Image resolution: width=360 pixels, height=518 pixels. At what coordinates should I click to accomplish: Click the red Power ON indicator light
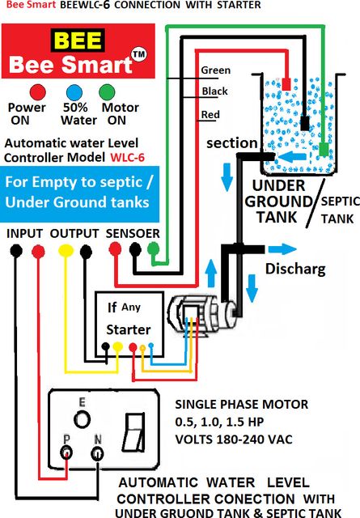click(x=38, y=92)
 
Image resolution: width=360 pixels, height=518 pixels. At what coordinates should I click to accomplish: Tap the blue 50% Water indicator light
click(x=74, y=92)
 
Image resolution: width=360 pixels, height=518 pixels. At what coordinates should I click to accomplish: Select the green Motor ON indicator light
click(x=107, y=92)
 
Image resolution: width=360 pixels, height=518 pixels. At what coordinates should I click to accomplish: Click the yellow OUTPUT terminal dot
click(x=66, y=250)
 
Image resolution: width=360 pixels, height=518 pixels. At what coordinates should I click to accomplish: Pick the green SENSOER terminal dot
click(x=153, y=248)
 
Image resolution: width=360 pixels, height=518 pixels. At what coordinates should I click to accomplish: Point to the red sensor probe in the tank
click(x=286, y=84)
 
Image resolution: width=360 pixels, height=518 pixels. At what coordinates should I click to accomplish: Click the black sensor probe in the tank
click(x=305, y=123)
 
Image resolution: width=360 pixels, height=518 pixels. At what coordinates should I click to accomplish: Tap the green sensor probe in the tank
click(x=324, y=149)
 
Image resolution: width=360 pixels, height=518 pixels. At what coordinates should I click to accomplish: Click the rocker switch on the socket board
click(x=134, y=432)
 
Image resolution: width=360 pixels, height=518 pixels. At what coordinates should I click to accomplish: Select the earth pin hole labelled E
click(x=82, y=419)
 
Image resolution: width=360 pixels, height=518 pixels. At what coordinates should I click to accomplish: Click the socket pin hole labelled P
click(x=66, y=452)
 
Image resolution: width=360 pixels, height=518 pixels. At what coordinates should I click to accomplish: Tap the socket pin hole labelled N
click(x=97, y=453)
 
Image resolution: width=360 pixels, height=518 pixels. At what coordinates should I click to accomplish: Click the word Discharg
click(x=295, y=269)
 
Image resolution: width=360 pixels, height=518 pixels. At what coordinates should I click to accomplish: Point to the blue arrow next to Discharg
click(x=282, y=249)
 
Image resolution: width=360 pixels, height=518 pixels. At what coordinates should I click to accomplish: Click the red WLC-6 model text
click(x=128, y=157)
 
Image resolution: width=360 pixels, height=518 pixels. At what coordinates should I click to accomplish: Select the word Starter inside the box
click(x=129, y=329)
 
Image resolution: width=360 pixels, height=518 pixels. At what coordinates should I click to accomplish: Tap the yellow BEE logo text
click(x=78, y=40)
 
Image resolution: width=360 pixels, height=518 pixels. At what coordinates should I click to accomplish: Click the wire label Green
click(x=216, y=70)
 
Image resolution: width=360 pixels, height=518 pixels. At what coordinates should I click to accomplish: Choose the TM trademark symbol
click(x=139, y=54)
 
